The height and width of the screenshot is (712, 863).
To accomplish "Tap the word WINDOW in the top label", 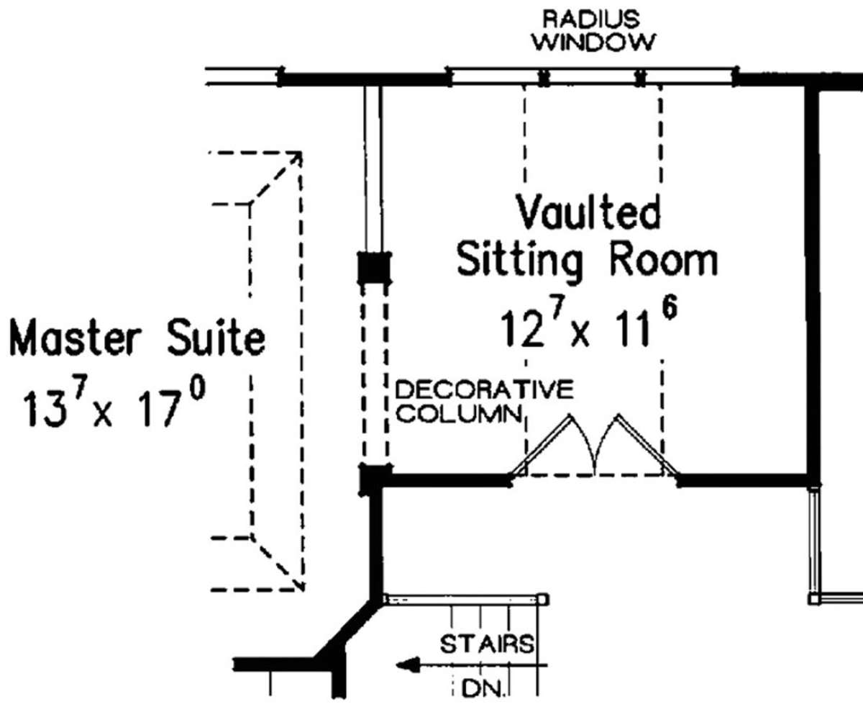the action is [x=594, y=42].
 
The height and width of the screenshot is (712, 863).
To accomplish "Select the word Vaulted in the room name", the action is [x=588, y=212].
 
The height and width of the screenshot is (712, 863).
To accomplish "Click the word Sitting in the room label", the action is [x=520, y=261].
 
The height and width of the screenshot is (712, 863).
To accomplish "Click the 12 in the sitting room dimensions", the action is [x=522, y=328].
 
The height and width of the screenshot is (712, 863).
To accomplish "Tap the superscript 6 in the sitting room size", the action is [x=670, y=309].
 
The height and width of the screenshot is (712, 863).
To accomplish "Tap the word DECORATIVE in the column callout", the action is [x=485, y=389].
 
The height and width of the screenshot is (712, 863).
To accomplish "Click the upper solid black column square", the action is [x=374, y=268].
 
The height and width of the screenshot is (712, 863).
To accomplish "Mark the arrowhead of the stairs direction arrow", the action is [x=408, y=665].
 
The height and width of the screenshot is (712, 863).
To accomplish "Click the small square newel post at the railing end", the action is [x=543, y=600].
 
